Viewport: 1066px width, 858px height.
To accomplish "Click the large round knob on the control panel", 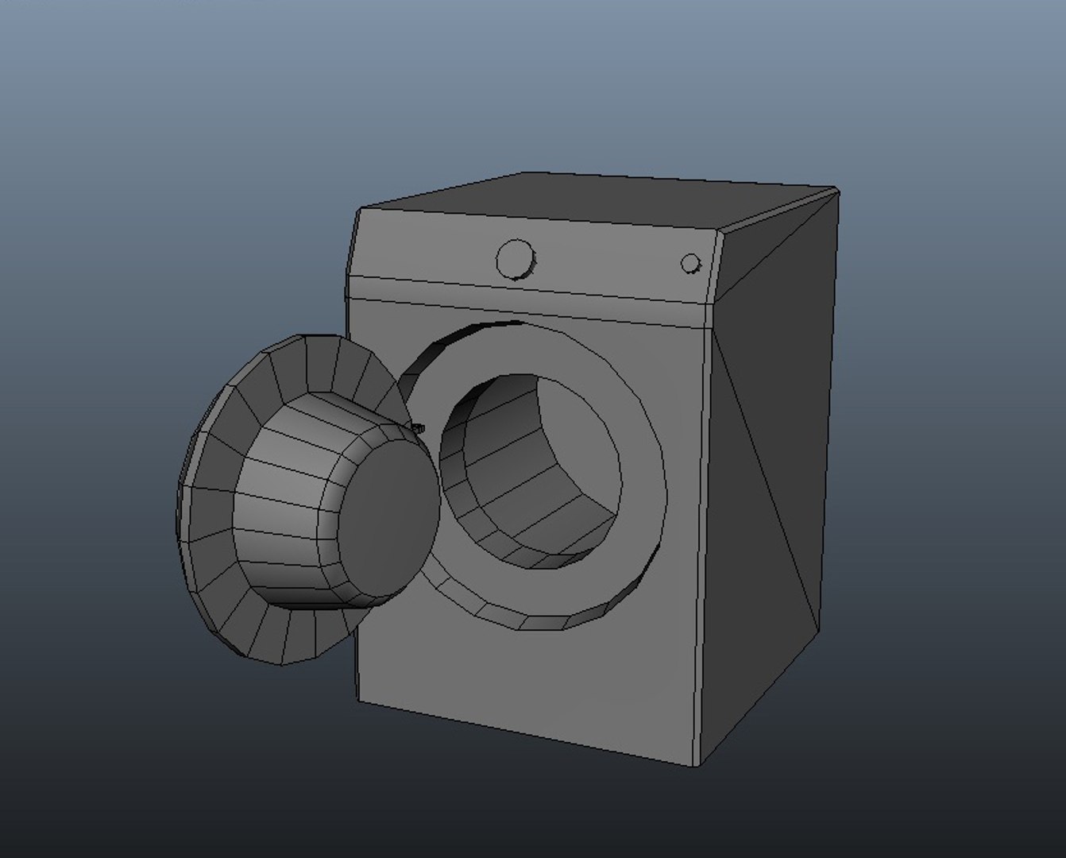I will click(x=516, y=259).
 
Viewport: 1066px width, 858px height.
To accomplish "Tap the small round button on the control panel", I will click(x=691, y=264).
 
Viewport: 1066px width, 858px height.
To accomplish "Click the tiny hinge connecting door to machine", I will click(x=419, y=429).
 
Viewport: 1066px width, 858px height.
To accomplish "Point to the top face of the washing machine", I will click(x=604, y=202).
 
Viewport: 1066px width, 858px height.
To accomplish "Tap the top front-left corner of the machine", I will click(x=360, y=210).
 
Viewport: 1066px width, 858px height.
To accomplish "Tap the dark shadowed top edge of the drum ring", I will click(x=477, y=330).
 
